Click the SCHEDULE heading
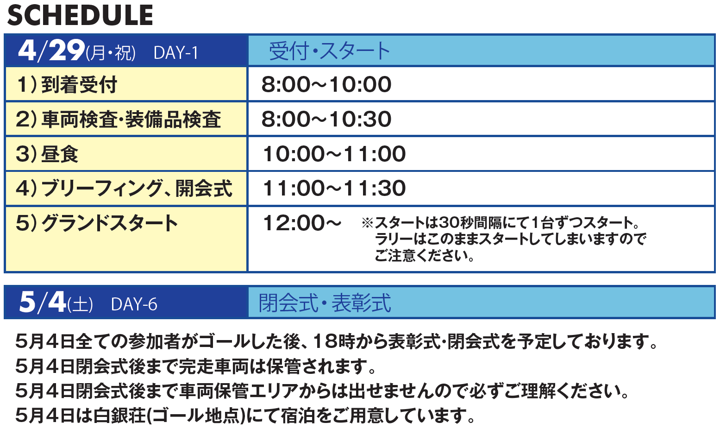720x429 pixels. tap(80, 15)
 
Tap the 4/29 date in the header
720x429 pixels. tap(51, 50)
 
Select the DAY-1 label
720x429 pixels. tap(175, 53)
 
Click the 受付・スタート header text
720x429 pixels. tap(329, 51)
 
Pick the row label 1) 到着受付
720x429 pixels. tap(67, 85)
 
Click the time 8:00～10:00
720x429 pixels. tap(326, 85)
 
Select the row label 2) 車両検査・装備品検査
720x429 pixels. tap(118, 120)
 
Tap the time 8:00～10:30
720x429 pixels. tap(326, 120)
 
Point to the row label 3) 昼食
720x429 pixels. tap(47, 154)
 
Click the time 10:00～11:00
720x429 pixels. tap(334, 154)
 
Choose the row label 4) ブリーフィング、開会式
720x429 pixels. tap(124, 189)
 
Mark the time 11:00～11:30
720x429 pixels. tap(334, 188)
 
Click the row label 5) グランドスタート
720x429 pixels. tap(96, 223)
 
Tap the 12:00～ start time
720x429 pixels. tap(302, 223)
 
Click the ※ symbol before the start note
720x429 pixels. tap(367, 222)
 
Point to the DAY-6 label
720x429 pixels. tap(134, 304)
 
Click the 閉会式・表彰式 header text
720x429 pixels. tap(325, 303)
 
